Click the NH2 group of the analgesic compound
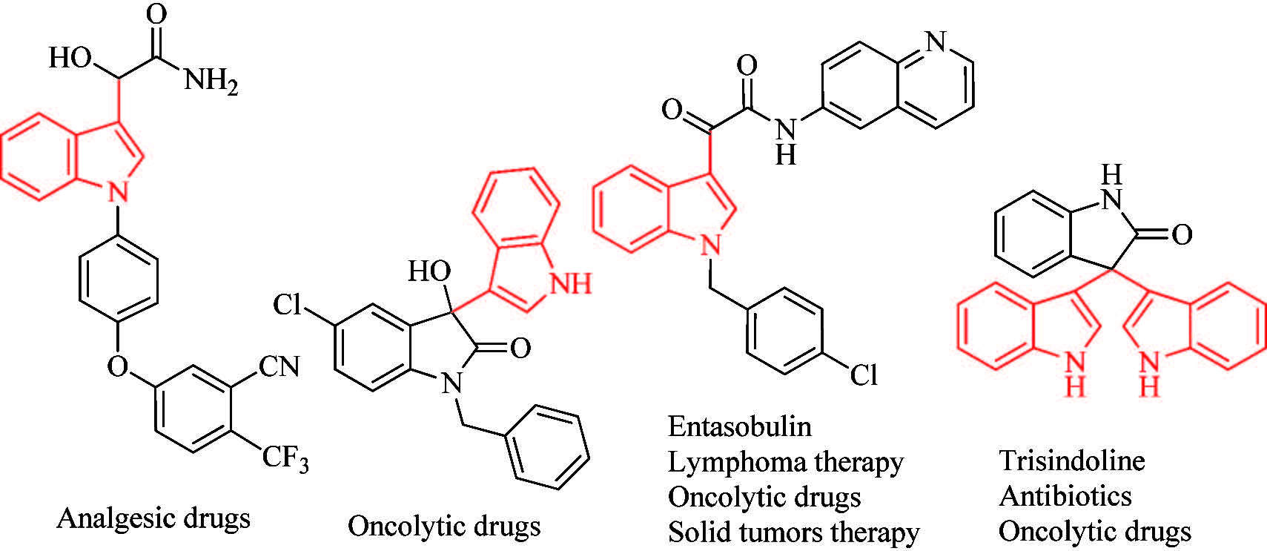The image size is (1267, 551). [211, 80]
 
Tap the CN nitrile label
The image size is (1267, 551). [278, 366]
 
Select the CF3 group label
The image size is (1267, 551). [285, 458]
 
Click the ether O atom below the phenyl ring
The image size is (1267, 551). [118, 366]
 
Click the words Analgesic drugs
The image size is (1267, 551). [153, 518]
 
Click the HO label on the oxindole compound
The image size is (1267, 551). [429, 272]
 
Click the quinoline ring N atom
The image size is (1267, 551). [936, 42]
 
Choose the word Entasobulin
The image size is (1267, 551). [739, 426]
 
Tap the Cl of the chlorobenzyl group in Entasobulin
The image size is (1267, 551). [863, 375]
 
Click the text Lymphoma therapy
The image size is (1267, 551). [785, 462]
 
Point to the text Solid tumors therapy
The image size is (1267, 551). [793, 532]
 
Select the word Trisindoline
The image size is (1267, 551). [1071, 461]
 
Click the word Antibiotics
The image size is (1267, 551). [1065, 495]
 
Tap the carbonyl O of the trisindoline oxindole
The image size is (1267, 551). [1181, 235]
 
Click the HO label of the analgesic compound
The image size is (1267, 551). [70, 57]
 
